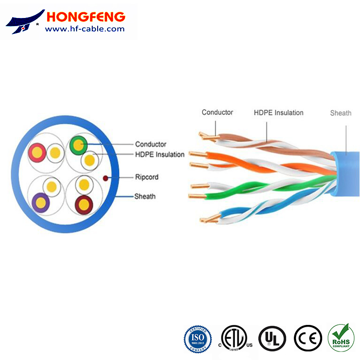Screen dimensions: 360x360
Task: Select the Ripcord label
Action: (147, 177)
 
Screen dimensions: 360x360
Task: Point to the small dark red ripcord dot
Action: (106, 178)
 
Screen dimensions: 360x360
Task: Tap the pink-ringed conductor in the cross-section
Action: (37, 152)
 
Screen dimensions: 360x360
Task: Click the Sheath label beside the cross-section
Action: (145, 197)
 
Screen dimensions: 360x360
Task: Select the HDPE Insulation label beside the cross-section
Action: (160, 155)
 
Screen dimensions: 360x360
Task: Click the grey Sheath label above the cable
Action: (341, 113)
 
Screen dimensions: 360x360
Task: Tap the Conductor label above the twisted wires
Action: (217, 112)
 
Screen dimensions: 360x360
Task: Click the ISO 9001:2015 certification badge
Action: (198, 338)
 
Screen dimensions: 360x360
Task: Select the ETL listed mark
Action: (234, 338)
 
